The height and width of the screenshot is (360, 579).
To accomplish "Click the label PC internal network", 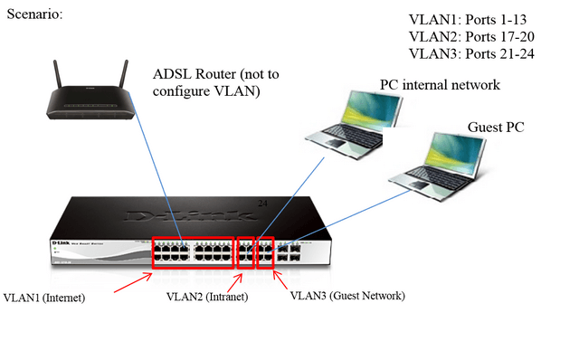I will click(x=440, y=86).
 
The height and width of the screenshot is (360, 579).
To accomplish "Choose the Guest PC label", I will click(x=496, y=128).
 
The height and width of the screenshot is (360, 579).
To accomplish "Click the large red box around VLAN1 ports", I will click(x=192, y=255).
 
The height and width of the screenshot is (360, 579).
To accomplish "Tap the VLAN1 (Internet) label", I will click(x=44, y=297).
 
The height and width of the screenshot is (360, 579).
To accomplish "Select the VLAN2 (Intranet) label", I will click(x=207, y=297).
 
